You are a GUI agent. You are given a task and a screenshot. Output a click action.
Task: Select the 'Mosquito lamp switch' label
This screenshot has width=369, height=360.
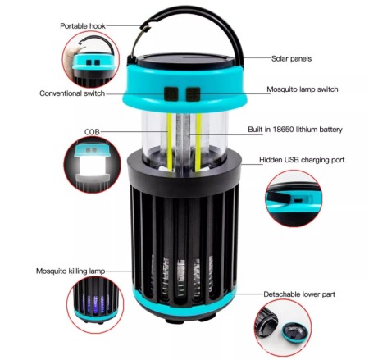tap(303, 89)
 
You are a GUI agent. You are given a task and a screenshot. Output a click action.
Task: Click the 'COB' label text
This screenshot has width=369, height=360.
tap(92, 131)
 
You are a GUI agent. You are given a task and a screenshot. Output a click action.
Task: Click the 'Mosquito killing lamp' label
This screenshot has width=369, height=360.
tap(71, 270)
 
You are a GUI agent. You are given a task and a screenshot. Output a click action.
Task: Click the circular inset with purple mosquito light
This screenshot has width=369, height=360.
tap(97, 304)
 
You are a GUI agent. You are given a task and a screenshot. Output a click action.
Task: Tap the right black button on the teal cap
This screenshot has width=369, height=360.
tap(194, 93)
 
